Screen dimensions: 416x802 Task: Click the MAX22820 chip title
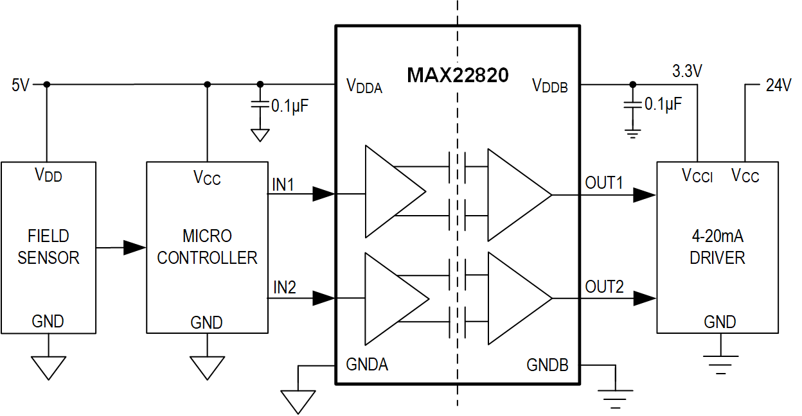[458, 75]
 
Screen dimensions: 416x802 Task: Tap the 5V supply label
[21, 85]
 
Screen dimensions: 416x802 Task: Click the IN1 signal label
[283, 185]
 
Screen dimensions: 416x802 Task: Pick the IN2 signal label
[283, 288]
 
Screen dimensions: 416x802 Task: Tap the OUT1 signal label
[604, 183]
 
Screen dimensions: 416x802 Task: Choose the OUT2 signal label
[604, 287]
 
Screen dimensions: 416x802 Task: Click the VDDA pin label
[364, 86]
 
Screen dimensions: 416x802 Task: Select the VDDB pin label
[550, 86]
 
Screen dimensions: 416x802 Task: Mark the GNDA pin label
[367, 364]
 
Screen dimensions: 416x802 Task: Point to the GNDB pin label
[548, 365]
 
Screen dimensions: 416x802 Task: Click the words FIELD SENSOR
[48, 247]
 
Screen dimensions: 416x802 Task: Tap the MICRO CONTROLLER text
[207, 247]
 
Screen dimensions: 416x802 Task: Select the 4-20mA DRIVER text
[717, 247]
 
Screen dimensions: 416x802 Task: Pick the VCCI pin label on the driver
[697, 176]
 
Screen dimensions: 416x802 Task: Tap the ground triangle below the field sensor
[49, 367]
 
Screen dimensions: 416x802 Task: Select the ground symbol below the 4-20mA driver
[720, 365]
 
